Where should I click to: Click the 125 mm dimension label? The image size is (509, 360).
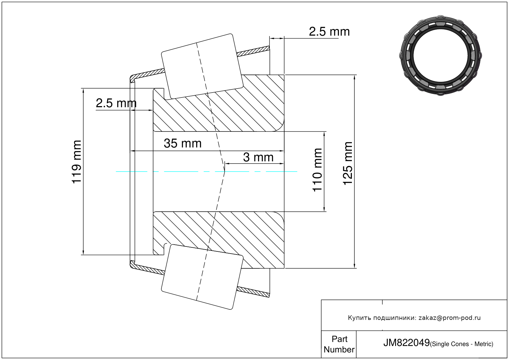click(348, 163)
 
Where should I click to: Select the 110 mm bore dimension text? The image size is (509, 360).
click(317, 170)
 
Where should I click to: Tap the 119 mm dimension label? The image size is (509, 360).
click(77, 162)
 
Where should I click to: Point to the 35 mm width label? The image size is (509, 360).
click(183, 143)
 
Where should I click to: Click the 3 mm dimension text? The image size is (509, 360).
click(258, 157)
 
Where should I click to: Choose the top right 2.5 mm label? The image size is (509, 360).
click(329, 31)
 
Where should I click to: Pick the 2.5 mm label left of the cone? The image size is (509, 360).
click(116, 103)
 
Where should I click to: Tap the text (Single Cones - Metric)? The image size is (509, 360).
click(461, 344)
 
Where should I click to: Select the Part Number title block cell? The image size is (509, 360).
click(339, 344)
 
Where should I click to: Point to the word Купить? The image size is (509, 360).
click(360, 318)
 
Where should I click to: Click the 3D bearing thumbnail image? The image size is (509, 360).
click(440, 56)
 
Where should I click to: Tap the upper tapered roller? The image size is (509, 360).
click(202, 66)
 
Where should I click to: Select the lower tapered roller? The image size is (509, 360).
click(202, 277)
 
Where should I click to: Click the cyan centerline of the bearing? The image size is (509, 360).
click(207, 172)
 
